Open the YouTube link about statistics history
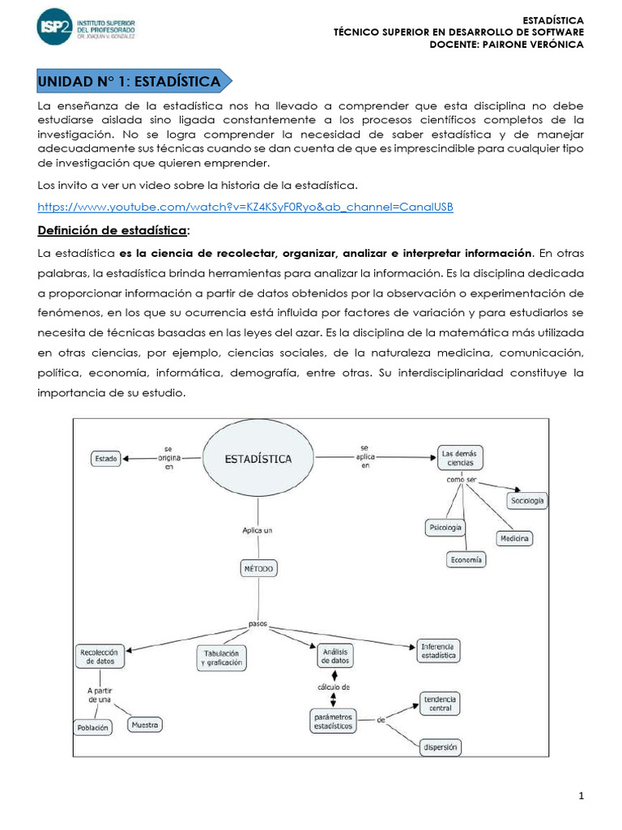pyautogui.click(x=245, y=207)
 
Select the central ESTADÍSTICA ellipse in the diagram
pyautogui.click(x=258, y=458)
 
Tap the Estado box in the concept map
pyautogui.click(x=106, y=458)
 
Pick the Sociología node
pyautogui.click(x=527, y=501)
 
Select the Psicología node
pyautogui.click(x=445, y=528)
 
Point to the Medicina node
pyautogui.click(x=514, y=538)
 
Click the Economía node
pyautogui.click(x=466, y=559)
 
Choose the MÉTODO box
pyautogui.click(x=258, y=569)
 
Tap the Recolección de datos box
pyautogui.click(x=100, y=656)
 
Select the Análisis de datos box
pyautogui.click(x=335, y=656)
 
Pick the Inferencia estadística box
pyautogui.click(x=438, y=651)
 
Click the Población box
pyautogui.click(x=92, y=728)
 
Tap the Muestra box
pyautogui.click(x=145, y=724)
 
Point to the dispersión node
pyautogui.click(x=440, y=747)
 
